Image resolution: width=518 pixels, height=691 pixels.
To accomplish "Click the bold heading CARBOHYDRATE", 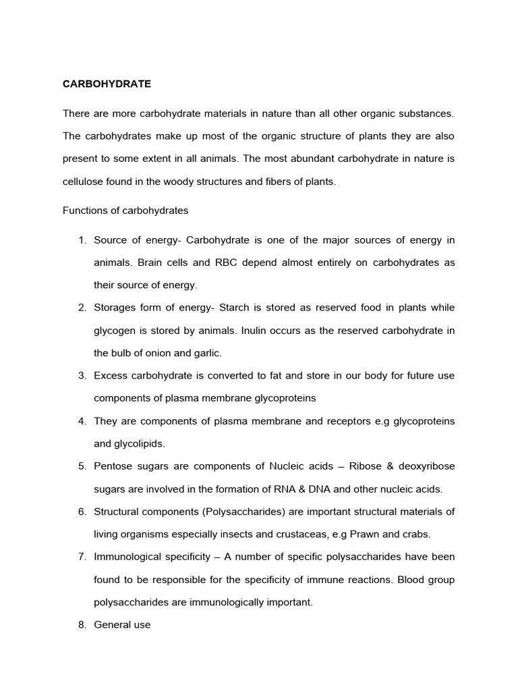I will tap(107, 84).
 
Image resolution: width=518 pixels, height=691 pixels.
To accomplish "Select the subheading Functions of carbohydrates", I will tap(125, 210).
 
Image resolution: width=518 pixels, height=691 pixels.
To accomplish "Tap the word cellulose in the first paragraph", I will tap(85, 182).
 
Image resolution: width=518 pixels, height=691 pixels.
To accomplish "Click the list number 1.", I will tap(82, 241).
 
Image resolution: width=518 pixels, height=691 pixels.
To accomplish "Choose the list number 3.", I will tap(82, 375).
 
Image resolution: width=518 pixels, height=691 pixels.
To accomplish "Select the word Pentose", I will tap(113, 466).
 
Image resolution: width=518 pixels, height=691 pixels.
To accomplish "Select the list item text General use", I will tap(122, 625).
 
